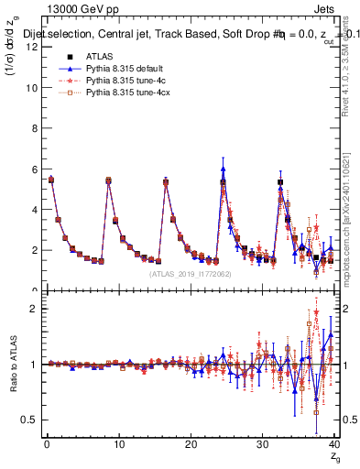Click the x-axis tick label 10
(x=118, y=446)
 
